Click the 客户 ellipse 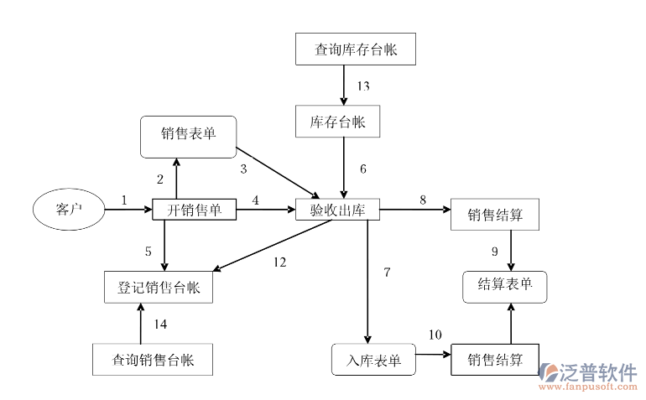tap(68, 209)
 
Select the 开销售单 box tap(194, 210)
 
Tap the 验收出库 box tap(338, 210)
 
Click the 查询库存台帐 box tap(356, 49)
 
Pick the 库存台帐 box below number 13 tap(338, 122)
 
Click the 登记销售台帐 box tap(159, 288)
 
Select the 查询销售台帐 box tap(153, 360)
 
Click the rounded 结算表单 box tap(505, 286)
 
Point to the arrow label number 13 tap(362, 86)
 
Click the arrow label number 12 tap(279, 262)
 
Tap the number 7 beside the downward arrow tap(387, 273)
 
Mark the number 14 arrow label tap(160, 324)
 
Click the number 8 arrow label tap(423, 200)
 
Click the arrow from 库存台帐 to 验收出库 tap(344, 168)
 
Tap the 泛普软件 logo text tap(599, 371)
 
